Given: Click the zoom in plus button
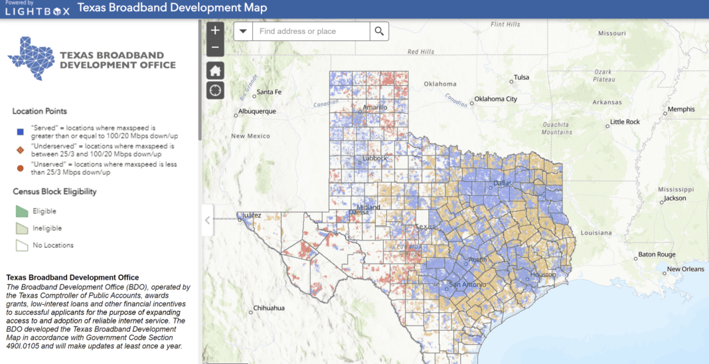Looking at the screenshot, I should click(x=215, y=31).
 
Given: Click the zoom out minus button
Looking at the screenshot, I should click(x=215, y=48).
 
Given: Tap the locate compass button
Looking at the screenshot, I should click(x=215, y=90).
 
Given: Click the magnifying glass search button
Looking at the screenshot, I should click(x=379, y=31).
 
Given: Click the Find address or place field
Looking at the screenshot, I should click(x=311, y=31).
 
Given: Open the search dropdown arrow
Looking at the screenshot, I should click(x=243, y=31).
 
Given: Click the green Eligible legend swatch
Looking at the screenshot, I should click(x=22, y=211).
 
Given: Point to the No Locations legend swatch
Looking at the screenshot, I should click(x=22, y=245).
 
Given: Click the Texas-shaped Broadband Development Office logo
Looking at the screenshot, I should click(x=32, y=58).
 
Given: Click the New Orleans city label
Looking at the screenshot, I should click(x=685, y=269).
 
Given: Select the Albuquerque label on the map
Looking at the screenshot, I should click(x=257, y=112).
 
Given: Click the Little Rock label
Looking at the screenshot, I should click(x=625, y=122).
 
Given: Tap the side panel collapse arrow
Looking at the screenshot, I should click(x=207, y=220).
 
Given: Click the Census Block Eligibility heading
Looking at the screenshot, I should click(x=54, y=191).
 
